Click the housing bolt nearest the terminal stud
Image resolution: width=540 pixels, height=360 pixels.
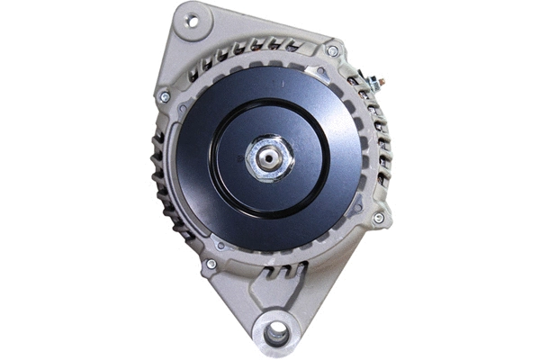tap(333, 51)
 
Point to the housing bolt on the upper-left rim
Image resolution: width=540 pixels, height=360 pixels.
tap(164, 95)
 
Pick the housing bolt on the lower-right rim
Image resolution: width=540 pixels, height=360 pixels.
tap(378, 218)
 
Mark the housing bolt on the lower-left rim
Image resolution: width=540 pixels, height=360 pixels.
tap(211, 264)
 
